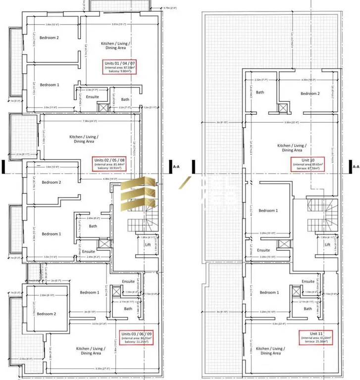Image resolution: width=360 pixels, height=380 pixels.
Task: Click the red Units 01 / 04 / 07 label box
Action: click(120, 67)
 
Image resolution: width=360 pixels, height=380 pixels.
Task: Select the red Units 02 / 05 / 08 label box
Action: click(109, 164)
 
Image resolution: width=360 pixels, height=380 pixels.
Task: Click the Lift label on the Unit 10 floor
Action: click(327, 244)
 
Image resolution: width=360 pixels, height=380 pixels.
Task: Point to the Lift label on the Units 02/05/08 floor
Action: click(147, 244)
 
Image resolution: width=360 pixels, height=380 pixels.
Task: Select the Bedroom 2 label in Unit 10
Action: click(310, 94)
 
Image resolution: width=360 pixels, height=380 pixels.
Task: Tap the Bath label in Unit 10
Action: click(260, 93)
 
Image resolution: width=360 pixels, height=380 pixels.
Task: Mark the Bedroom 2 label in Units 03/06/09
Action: click(47, 314)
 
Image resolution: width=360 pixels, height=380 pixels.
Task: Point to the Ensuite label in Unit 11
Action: click(308, 282)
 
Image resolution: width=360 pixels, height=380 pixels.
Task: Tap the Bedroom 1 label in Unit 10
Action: click(269, 210)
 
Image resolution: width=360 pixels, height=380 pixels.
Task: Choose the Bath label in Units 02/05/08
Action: click(93, 227)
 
